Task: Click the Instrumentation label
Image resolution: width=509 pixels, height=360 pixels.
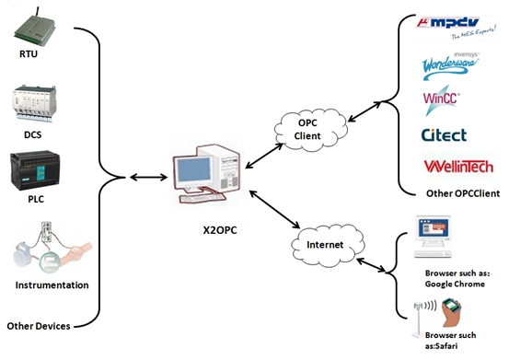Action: tap(52, 285)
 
